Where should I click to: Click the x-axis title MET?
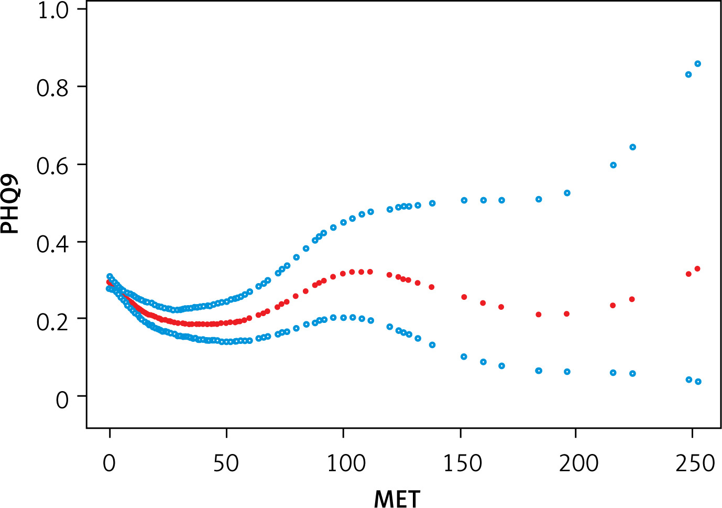397,498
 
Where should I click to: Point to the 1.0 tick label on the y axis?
53,10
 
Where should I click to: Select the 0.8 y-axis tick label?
53,88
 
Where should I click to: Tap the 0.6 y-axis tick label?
53,165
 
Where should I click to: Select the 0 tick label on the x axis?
110,463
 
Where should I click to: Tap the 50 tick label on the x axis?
226,463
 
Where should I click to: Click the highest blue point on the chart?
697,64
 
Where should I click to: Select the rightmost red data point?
697,269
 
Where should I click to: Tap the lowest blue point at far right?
698,382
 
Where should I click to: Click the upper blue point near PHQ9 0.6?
613,165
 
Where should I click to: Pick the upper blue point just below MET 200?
567,193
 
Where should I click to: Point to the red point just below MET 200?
566,314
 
